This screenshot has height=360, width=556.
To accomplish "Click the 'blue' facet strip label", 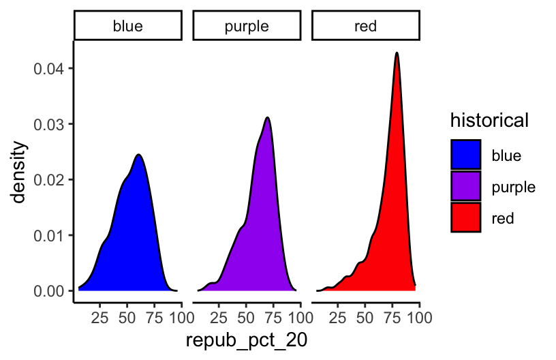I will tap(128, 27).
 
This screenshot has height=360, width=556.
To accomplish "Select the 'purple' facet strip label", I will tap(247, 27).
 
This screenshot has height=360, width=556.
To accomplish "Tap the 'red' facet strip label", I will tap(366, 27).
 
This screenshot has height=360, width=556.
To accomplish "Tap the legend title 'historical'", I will tap(489, 121).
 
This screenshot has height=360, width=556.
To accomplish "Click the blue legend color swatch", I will tap(466, 155).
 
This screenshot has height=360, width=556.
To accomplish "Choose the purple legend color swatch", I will tap(466, 187).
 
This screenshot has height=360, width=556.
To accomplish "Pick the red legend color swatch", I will tap(466, 218).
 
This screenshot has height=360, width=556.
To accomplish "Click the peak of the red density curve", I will tap(396, 52).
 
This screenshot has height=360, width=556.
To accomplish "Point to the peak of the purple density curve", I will tap(268, 117).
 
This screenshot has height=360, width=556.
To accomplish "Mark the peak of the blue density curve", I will tap(138, 155).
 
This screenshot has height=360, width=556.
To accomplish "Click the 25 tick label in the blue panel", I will tap(99, 317).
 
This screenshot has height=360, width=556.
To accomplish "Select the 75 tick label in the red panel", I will tap(392, 317).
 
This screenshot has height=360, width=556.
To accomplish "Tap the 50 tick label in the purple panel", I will tap(246, 317).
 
